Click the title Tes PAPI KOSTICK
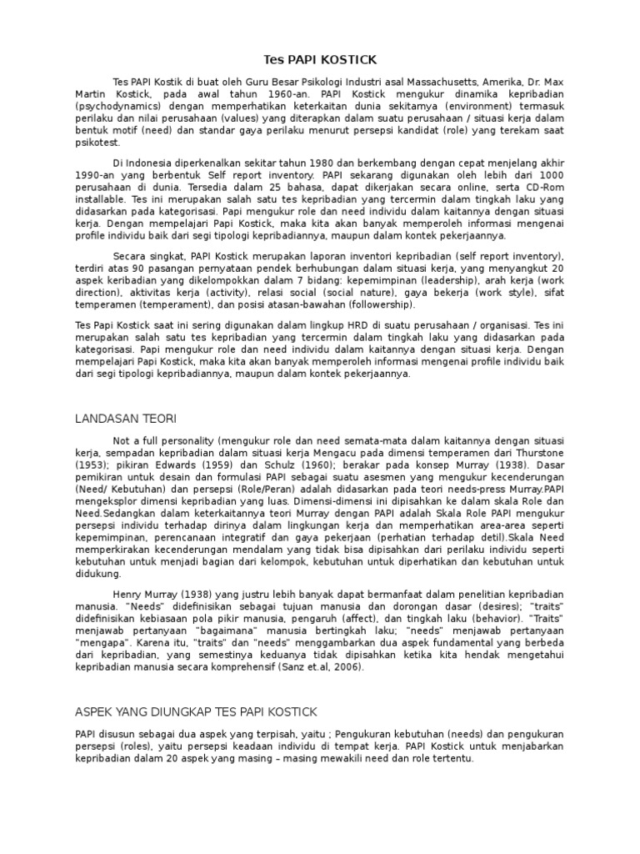point(320,60)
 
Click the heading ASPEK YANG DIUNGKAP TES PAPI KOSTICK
point(197,712)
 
